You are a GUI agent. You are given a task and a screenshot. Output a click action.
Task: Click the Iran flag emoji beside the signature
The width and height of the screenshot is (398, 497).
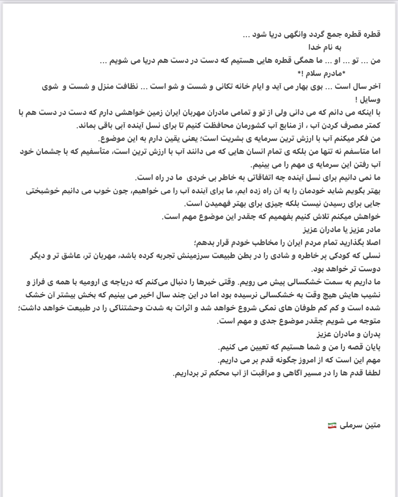point(332,425)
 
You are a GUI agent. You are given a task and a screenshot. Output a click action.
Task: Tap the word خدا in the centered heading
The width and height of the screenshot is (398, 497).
point(316,47)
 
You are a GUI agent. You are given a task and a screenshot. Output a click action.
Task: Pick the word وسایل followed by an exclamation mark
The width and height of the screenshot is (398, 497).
point(370,99)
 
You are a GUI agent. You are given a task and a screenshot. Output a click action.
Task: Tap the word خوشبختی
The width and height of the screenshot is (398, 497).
point(42,191)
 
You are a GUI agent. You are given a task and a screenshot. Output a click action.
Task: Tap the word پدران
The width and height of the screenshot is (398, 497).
point(370,334)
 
